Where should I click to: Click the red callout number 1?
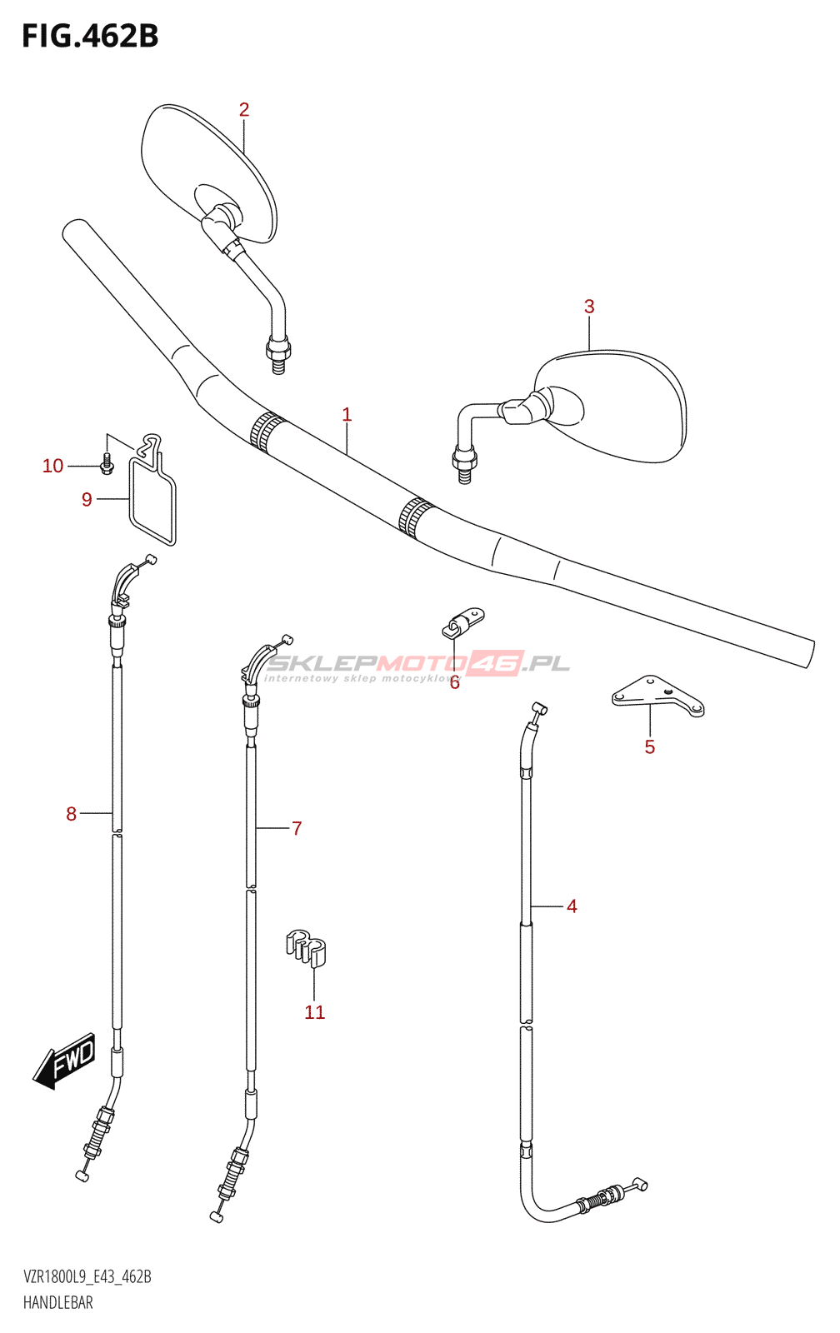(x=347, y=414)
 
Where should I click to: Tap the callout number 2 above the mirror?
(x=244, y=110)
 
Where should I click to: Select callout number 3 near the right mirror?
(x=589, y=307)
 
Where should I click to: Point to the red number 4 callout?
(x=572, y=906)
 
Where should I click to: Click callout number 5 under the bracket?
(x=650, y=747)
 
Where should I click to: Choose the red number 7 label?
(x=297, y=828)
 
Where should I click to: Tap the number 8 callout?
(x=72, y=814)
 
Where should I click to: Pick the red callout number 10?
(x=52, y=467)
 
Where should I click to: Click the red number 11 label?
(x=314, y=1012)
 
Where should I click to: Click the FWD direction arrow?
(x=66, y=1064)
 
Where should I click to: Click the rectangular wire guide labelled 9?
(x=152, y=500)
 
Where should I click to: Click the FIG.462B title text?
(x=90, y=37)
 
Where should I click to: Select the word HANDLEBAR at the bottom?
(x=58, y=1303)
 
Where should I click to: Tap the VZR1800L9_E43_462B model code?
(x=87, y=1277)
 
